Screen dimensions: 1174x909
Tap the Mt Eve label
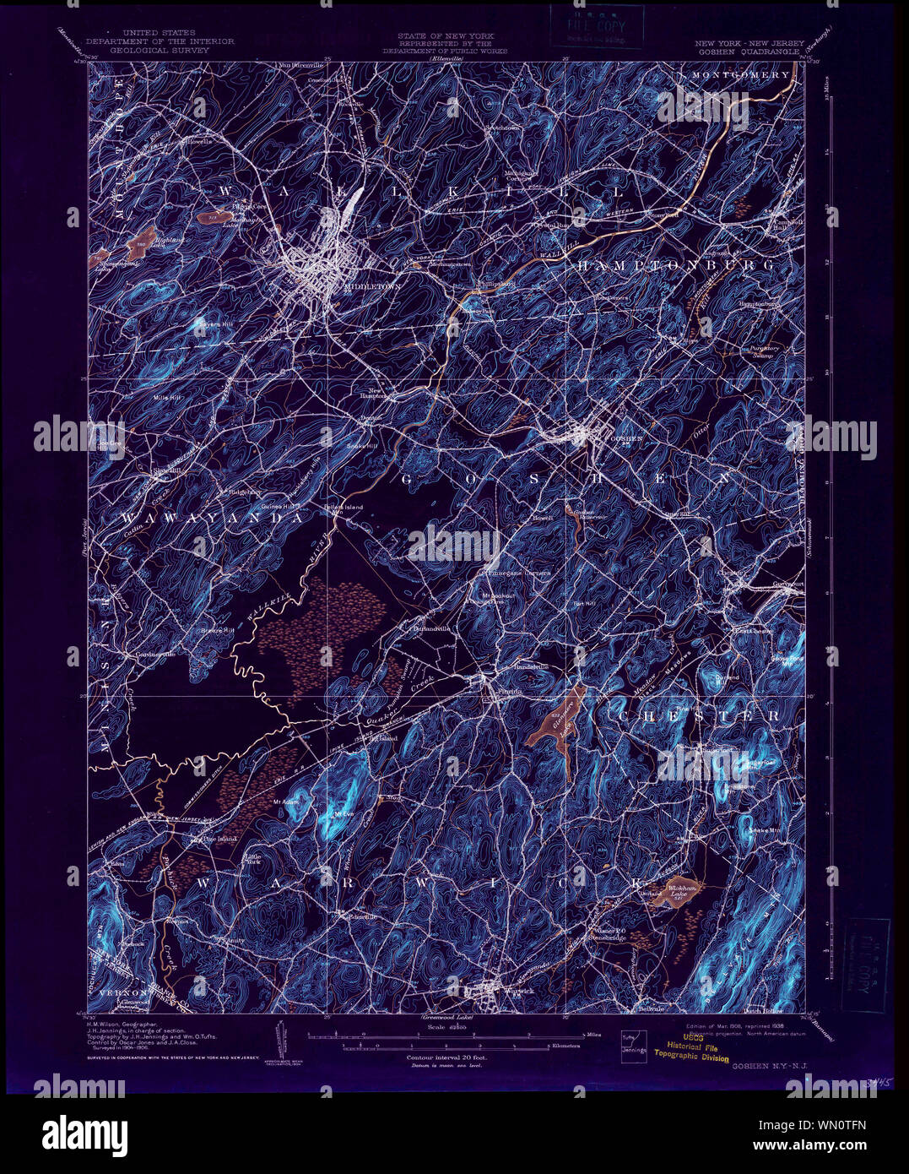tap(342, 814)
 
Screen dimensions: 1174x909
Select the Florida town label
tap(508, 691)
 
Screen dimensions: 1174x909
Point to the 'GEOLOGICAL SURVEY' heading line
tap(160, 50)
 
